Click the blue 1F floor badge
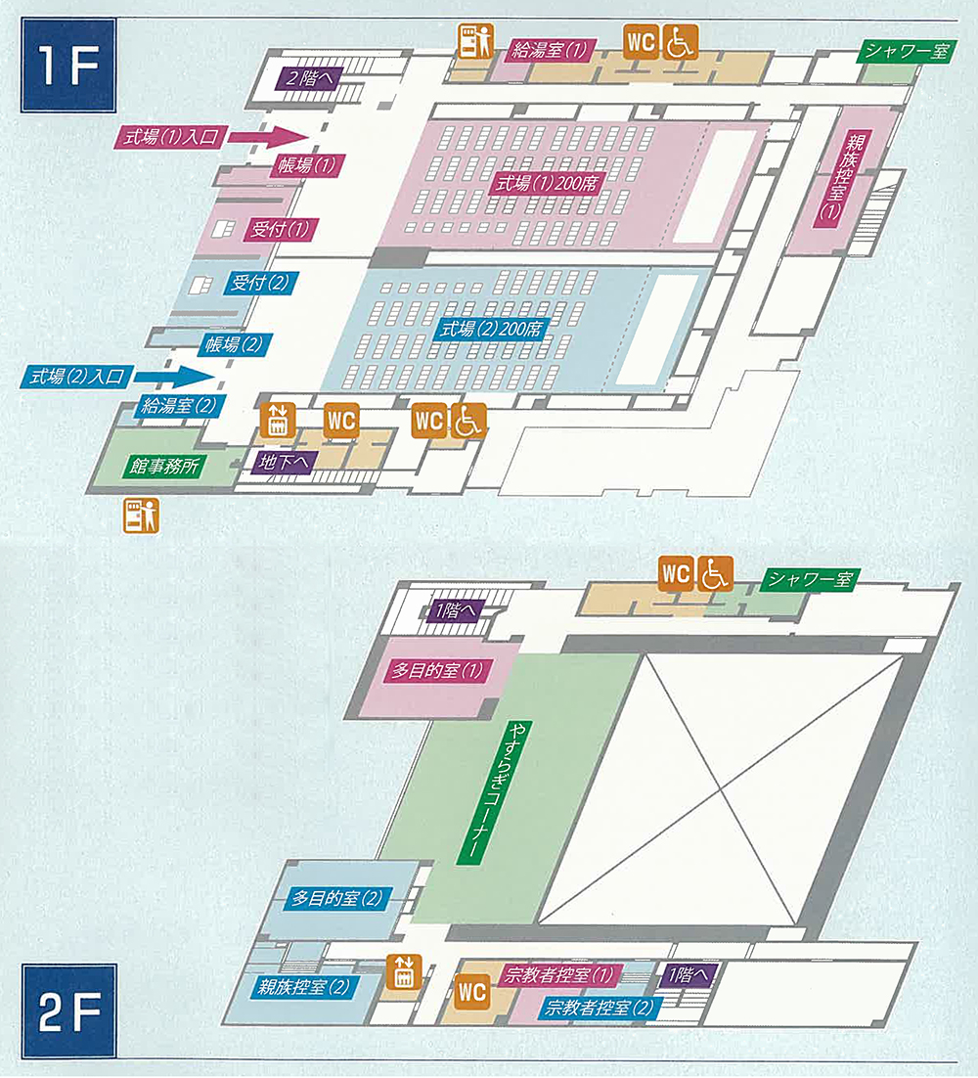click(67, 65)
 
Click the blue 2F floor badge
click(68, 1011)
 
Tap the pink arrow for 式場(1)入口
click(270, 138)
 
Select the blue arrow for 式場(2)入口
click(174, 376)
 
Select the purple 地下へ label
click(282, 462)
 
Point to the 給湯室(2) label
click(179, 405)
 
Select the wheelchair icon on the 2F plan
click(715, 574)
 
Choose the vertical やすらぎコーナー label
click(473, 792)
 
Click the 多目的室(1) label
click(438, 671)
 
